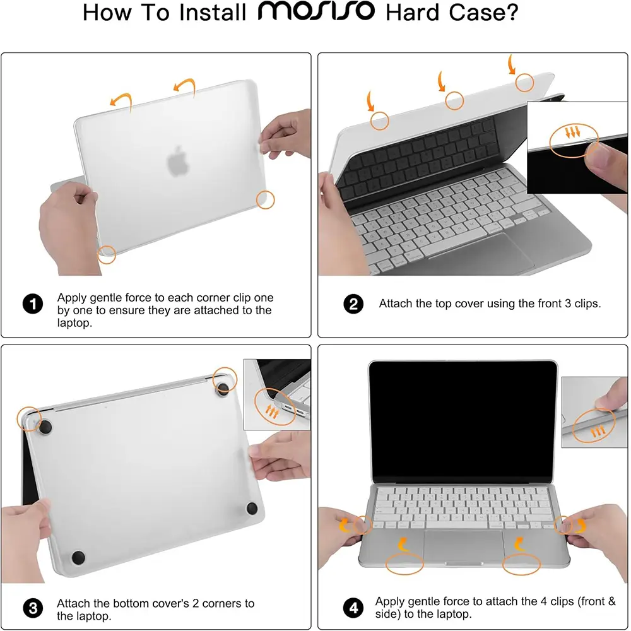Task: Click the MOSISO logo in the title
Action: pyautogui.click(x=316, y=11)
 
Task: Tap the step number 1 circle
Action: pyautogui.click(x=33, y=304)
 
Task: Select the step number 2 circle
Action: pyautogui.click(x=353, y=304)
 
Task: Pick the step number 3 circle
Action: pyautogui.click(x=33, y=608)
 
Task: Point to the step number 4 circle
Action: pyautogui.click(x=353, y=608)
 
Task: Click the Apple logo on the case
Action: pyautogui.click(x=177, y=162)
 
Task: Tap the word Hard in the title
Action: pyautogui.click(x=412, y=13)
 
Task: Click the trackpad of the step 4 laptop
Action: pyautogui.click(x=464, y=546)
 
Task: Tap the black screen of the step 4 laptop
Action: pyautogui.click(x=463, y=421)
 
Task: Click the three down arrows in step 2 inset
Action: pyautogui.click(x=573, y=132)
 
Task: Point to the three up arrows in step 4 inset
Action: pyautogui.click(x=598, y=432)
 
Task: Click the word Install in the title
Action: pyautogui.click(x=213, y=13)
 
